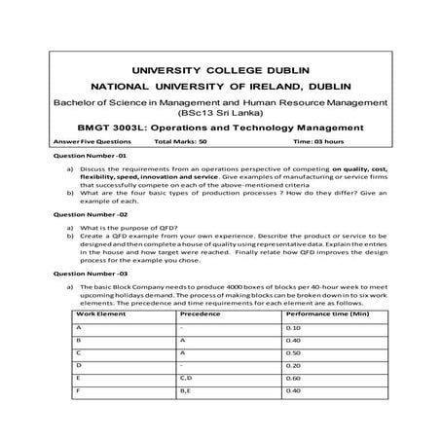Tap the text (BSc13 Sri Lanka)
[220, 112]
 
